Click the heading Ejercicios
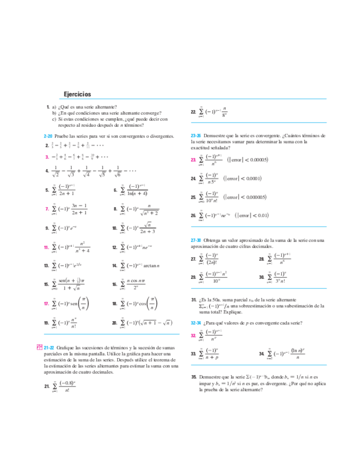(x=77, y=94)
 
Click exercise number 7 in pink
(x=47, y=209)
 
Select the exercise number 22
(x=193, y=112)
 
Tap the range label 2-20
(x=47, y=137)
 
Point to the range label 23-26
(x=196, y=136)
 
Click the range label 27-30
(x=196, y=240)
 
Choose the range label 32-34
(x=196, y=323)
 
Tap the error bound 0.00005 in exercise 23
(x=254, y=160)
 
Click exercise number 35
(x=194, y=377)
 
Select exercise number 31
(x=194, y=299)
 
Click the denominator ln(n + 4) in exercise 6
(x=135, y=193)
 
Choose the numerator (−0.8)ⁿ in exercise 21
(x=67, y=382)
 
